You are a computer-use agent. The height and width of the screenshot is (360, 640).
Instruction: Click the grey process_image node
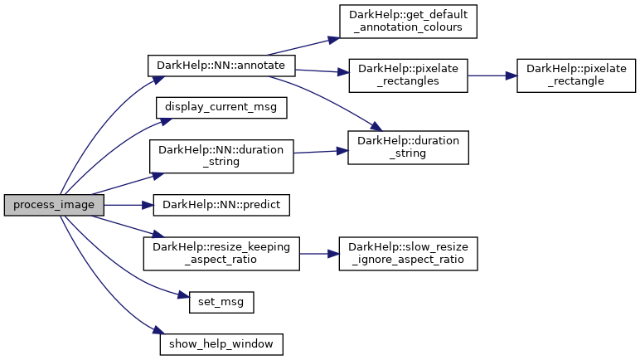click(x=54, y=205)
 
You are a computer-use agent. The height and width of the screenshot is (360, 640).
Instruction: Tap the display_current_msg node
click(x=221, y=107)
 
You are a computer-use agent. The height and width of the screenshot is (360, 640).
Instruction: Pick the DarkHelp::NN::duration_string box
click(x=221, y=156)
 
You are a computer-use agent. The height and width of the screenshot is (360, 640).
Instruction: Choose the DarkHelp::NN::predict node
click(x=221, y=205)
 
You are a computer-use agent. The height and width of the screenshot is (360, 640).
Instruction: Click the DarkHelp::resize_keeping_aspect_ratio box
click(x=221, y=253)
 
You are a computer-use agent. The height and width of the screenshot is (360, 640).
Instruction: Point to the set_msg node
click(x=221, y=302)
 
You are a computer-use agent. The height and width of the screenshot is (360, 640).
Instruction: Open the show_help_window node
click(x=221, y=343)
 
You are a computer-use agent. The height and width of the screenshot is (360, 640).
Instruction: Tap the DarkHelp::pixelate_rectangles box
click(x=409, y=75)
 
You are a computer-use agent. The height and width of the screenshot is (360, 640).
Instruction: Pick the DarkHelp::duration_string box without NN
click(x=409, y=146)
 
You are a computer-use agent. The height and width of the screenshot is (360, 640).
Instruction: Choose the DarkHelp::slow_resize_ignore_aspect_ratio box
click(x=408, y=253)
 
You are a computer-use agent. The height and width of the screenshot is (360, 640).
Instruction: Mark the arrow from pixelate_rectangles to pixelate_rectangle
click(x=492, y=75)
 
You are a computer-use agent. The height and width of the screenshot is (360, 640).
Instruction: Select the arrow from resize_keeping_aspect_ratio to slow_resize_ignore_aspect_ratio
click(x=319, y=253)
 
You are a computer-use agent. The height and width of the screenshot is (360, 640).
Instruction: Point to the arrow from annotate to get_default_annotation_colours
click(x=298, y=46)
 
